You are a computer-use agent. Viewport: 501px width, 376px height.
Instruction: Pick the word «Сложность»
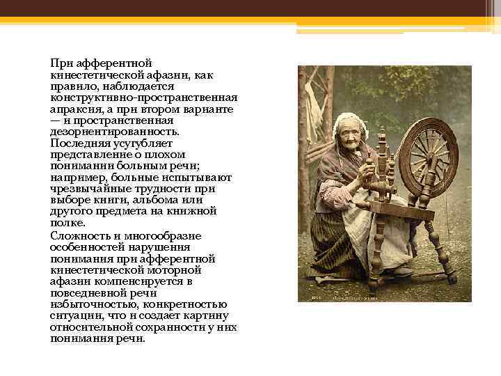point(77,235)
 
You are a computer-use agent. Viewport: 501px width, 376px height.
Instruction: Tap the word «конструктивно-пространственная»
point(143,97)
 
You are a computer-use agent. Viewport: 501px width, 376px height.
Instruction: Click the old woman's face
point(348,133)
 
